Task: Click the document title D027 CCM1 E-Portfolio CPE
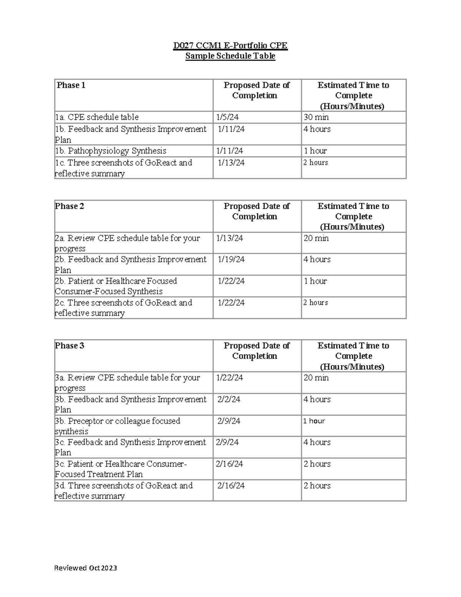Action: [x=230, y=46]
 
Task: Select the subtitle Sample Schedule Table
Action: [x=230, y=56]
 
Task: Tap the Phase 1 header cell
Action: [x=71, y=85]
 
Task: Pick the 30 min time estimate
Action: [x=316, y=117]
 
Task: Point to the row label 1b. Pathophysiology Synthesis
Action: [x=111, y=151]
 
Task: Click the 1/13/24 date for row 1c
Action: [x=231, y=163]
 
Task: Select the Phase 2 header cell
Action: [x=70, y=206]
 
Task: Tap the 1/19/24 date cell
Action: [x=231, y=259]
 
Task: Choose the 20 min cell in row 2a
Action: [x=316, y=238]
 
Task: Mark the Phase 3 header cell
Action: [x=70, y=346]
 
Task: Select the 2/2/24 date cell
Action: [x=229, y=399]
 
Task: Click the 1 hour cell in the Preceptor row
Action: [x=314, y=421]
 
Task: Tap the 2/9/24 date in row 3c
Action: [x=227, y=442]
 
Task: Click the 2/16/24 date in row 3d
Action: [x=231, y=486]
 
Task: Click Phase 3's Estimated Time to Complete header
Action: [x=353, y=356]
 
